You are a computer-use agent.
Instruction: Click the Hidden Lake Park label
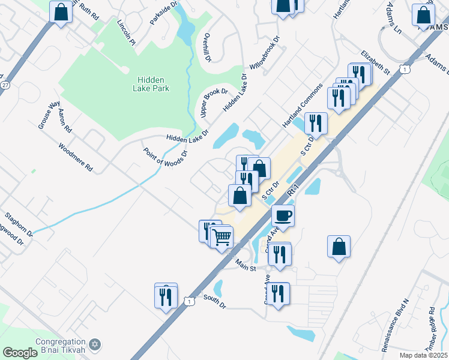tap(153, 84)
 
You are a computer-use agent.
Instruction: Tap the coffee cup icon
tap(283, 215)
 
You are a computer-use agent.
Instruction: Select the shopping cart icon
tap(221, 238)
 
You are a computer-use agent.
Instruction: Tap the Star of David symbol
tap(94, 345)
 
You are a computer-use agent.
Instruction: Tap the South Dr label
tap(214, 301)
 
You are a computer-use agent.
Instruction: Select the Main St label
tap(246, 264)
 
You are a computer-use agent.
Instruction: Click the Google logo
tap(20, 353)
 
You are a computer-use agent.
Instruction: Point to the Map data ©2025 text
tap(423, 355)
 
